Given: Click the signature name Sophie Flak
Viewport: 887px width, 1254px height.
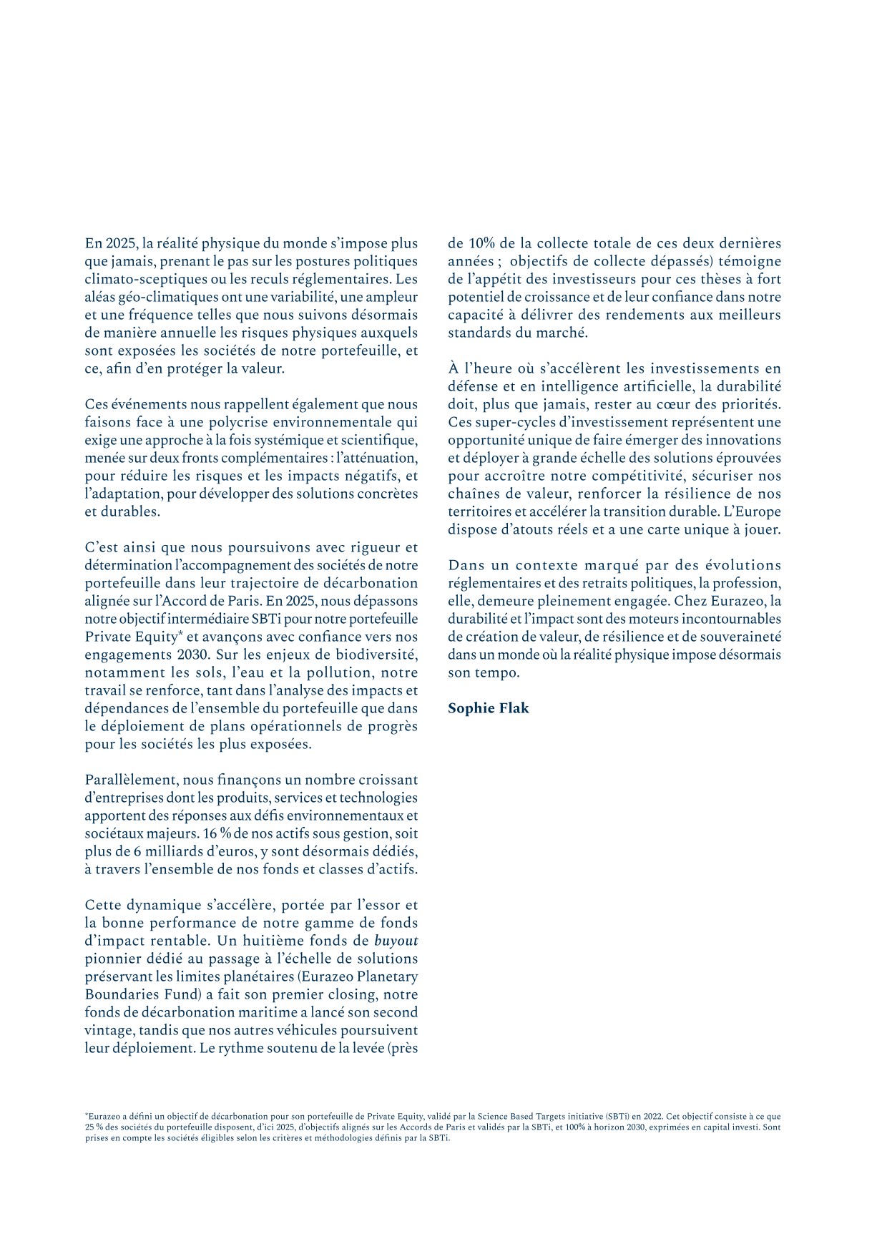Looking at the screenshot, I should point(488,708).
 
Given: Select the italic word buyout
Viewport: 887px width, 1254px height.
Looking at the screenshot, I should point(396,941).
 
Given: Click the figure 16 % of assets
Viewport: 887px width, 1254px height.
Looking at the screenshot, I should point(214,833).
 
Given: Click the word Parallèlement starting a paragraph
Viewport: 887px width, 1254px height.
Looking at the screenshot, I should point(132,780).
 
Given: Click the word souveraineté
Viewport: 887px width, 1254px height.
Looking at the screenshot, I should point(742,637).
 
